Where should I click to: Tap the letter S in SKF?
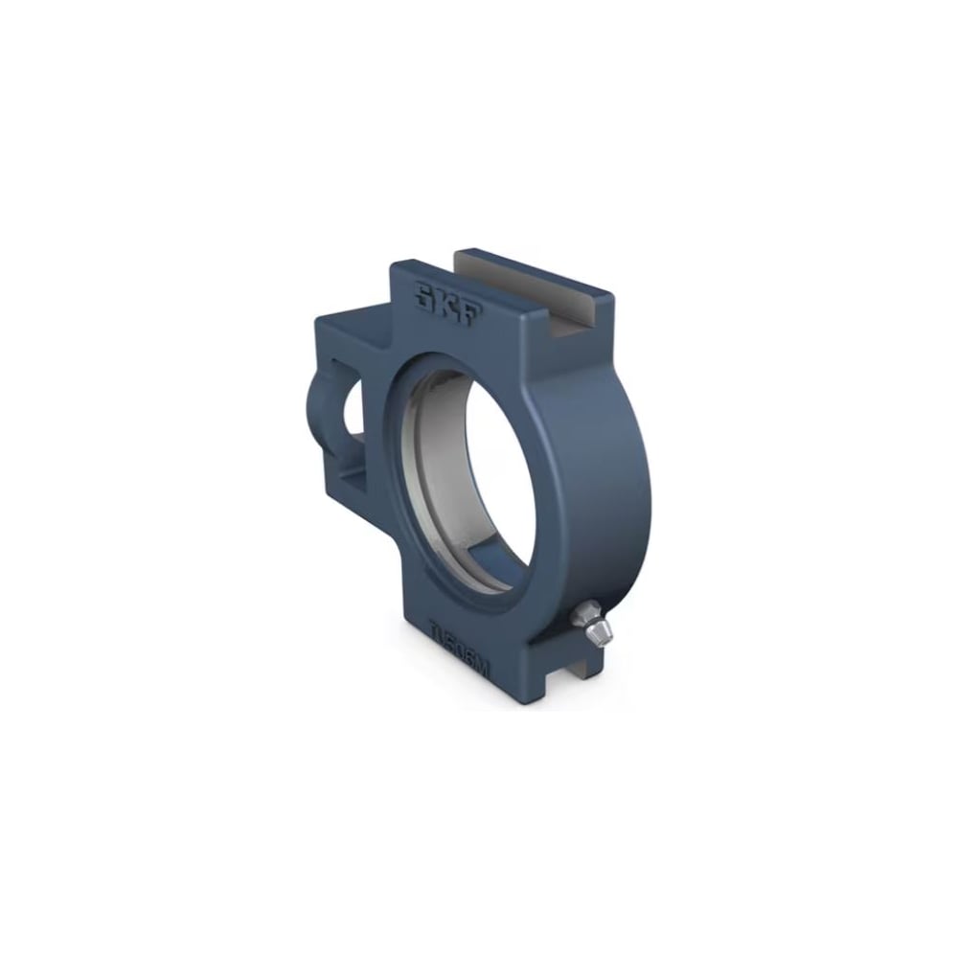(x=422, y=296)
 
